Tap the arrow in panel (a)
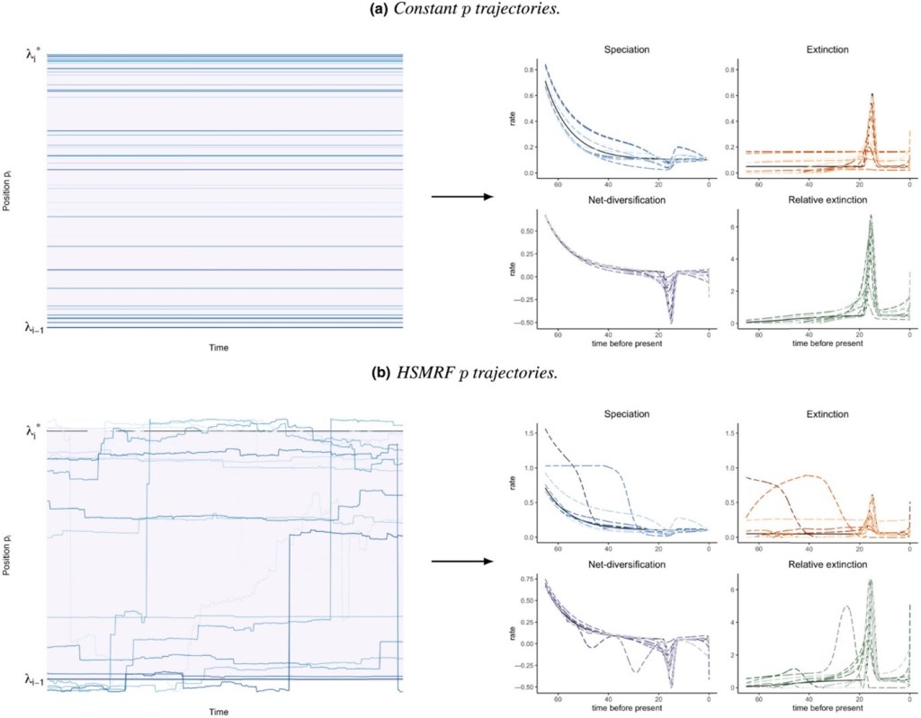tap(460, 196)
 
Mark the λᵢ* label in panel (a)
tap(33, 55)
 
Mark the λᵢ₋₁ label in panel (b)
tap(31, 678)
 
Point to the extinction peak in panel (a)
tap(872, 94)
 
